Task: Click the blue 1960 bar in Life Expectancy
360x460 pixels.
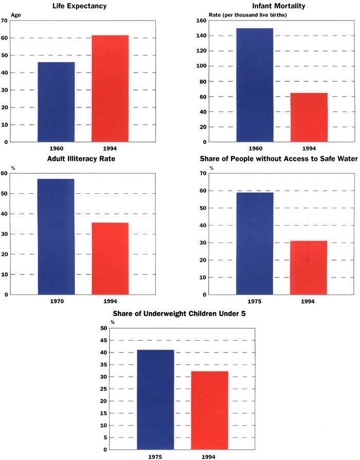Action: click(x=56, y=102)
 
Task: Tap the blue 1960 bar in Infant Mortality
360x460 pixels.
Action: click(x=255, y=85)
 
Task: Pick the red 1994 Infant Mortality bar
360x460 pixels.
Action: click(x=309, y=117)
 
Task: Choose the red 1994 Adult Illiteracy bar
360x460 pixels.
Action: click(x=110, y=259)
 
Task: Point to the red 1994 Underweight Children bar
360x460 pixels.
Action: click(x=209, y=410)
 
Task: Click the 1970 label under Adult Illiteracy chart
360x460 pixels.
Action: click(x=56, y=302)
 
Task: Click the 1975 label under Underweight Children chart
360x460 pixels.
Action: click(x=155, y=456)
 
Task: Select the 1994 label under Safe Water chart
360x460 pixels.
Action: click(x=309, y=302)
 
